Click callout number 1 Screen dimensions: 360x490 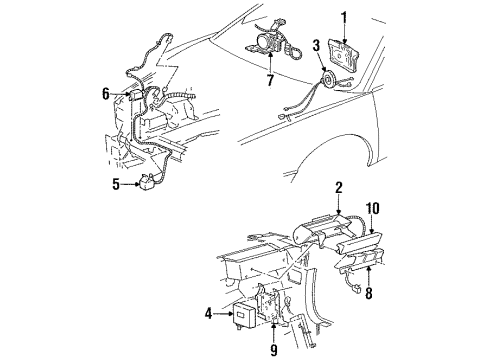345,17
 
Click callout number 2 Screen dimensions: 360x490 339,188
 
